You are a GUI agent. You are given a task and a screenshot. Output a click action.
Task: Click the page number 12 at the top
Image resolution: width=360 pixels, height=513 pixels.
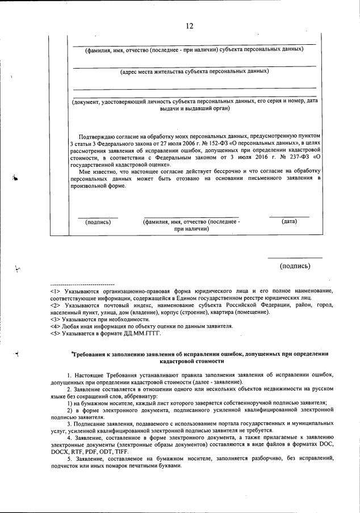(189, 26)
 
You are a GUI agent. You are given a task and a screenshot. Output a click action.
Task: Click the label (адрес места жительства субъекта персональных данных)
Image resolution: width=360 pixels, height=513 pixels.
(194, 72)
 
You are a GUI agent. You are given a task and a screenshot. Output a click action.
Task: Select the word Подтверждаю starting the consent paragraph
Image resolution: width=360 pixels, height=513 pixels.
(99, 137)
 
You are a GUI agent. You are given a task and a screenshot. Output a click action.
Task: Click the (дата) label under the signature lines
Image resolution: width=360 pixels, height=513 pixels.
(289, 221)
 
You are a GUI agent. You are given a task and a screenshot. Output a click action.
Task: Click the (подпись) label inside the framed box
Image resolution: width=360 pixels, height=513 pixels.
(98, 222)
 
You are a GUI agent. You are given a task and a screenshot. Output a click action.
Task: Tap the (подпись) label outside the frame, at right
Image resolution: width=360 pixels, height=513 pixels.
(295, 266)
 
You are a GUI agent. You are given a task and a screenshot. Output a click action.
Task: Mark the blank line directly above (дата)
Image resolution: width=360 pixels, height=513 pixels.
(289, 217)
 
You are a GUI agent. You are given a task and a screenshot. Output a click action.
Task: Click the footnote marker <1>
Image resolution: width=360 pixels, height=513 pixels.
(56, 291)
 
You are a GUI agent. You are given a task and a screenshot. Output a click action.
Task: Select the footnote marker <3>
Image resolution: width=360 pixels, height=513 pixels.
(56, 319)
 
